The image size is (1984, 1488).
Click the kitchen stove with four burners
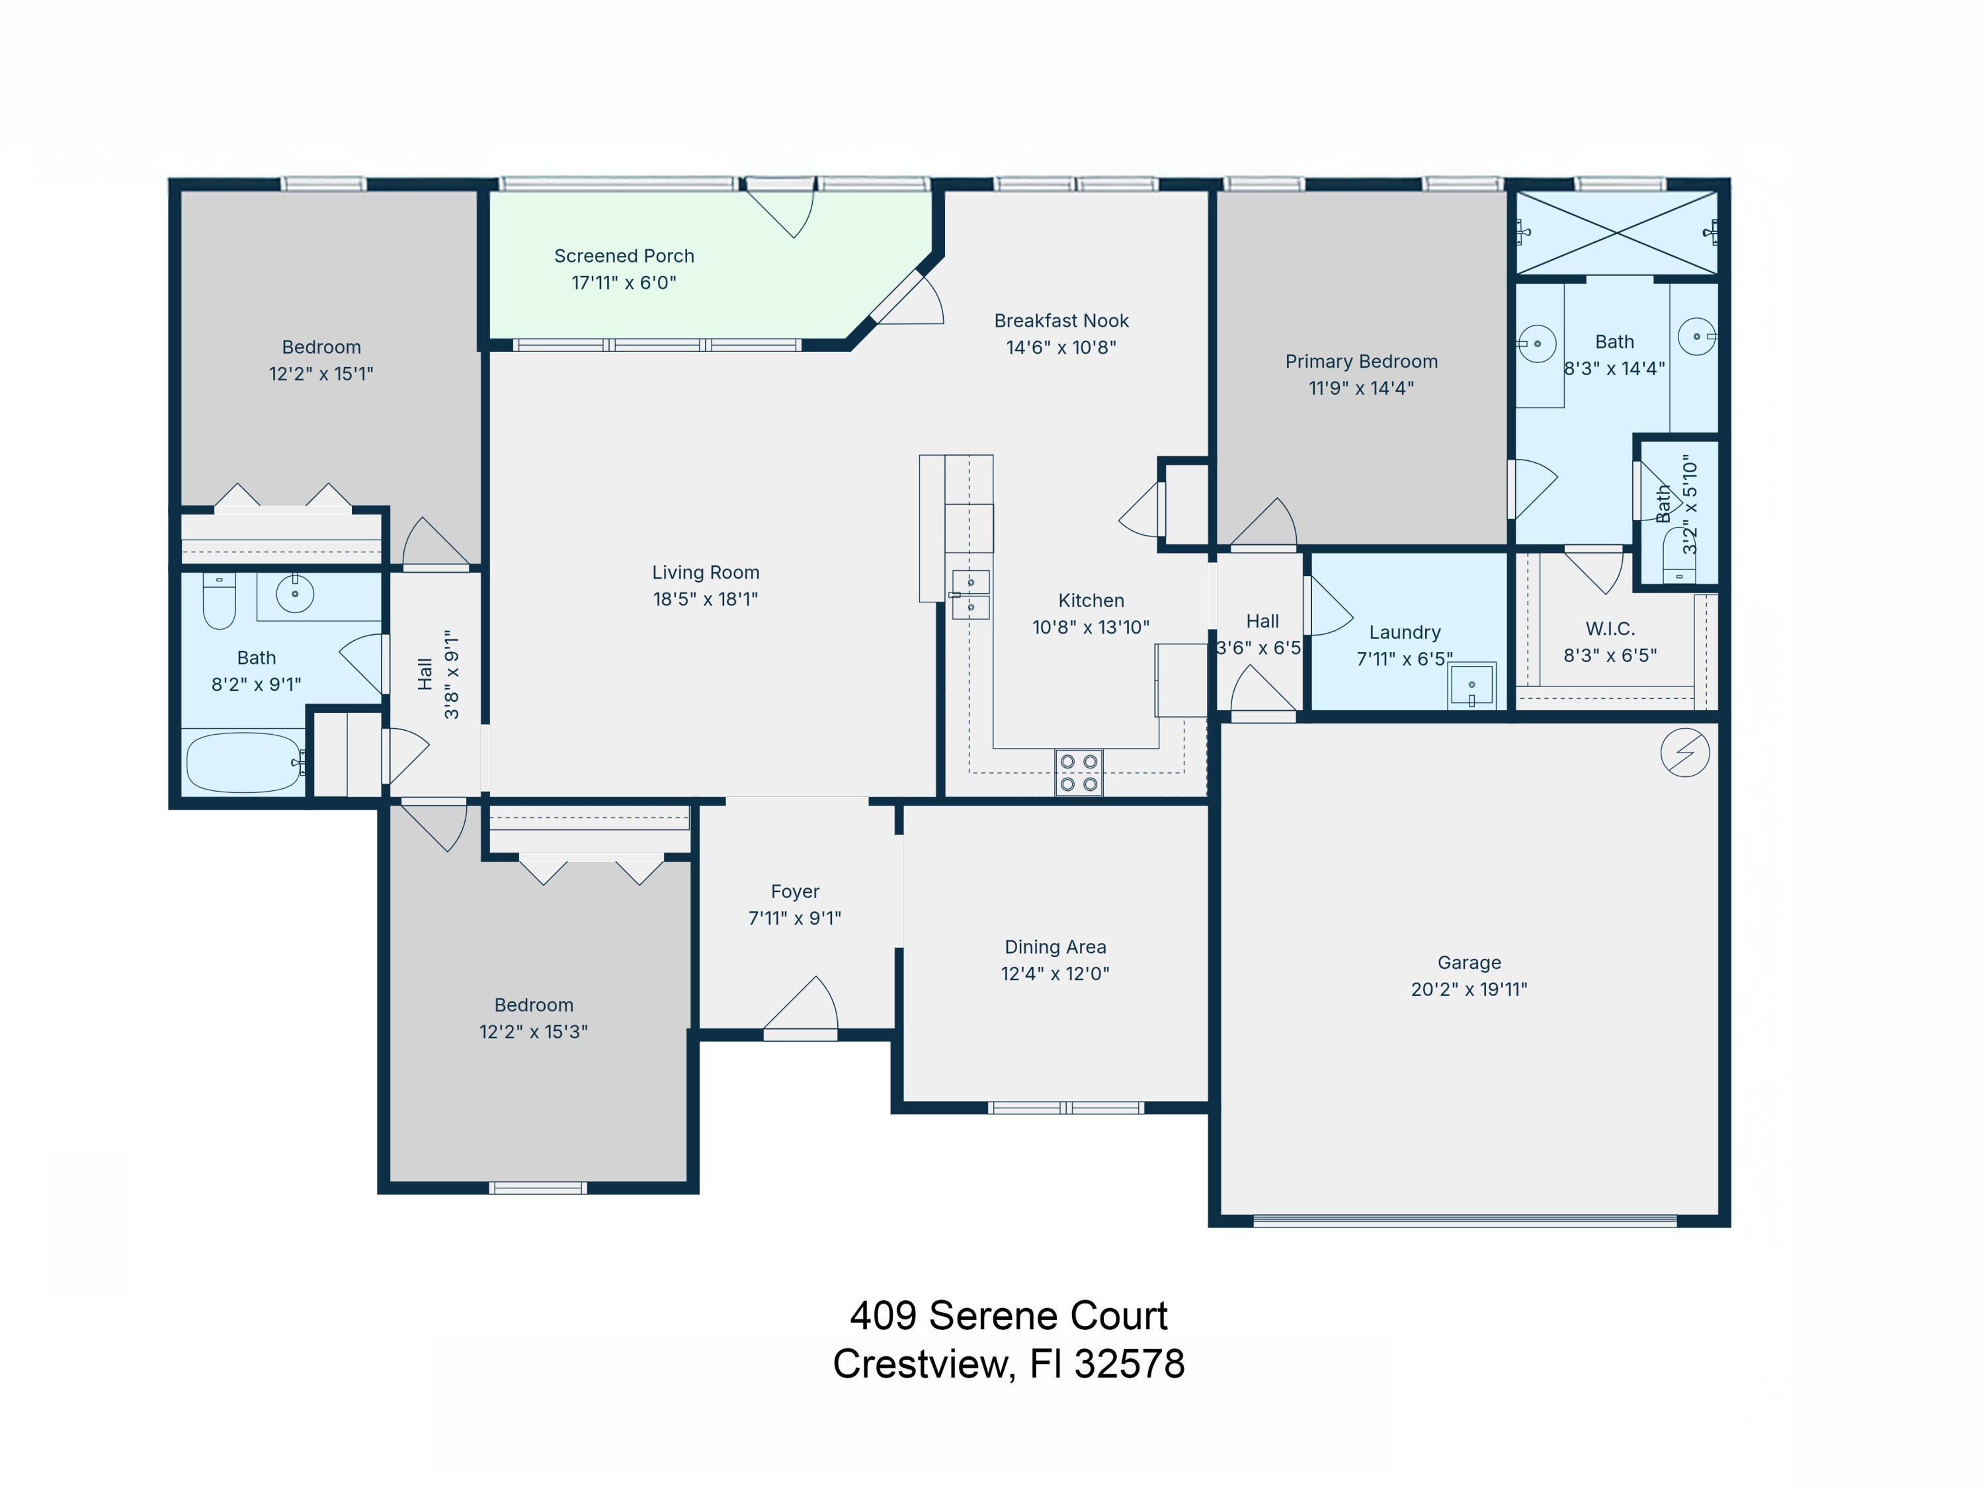click(x=1078, y=772)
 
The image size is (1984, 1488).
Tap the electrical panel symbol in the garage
click(x=1684, y=752)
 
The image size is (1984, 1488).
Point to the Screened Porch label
click(x=624, y=257)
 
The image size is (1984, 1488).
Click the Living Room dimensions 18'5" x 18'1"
click(x=705, y=599)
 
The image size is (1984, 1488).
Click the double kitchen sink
click(x=970, y=595)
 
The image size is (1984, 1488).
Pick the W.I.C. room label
click(x=1610, y=629)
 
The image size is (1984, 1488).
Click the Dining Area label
click(x=1055, y=947)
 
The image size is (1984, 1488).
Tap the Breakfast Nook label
click(x=1061, y=321)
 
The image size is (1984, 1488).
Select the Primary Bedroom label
click(x=1360, y=362)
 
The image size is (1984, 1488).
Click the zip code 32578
click(x=1130, y=1364)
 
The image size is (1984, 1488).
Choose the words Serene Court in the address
click(x=1048, y=1316)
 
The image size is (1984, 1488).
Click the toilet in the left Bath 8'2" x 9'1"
click(x=219, y=601)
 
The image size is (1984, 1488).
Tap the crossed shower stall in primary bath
click(x=1616, y=233)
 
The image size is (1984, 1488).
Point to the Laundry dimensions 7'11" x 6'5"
click(x=1404, y=659)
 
